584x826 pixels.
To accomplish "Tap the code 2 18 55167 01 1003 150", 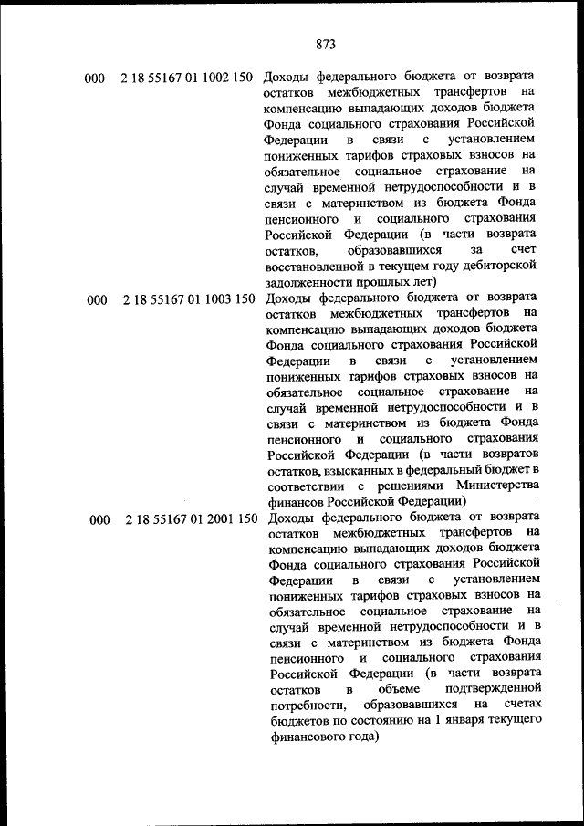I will point(186,298).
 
